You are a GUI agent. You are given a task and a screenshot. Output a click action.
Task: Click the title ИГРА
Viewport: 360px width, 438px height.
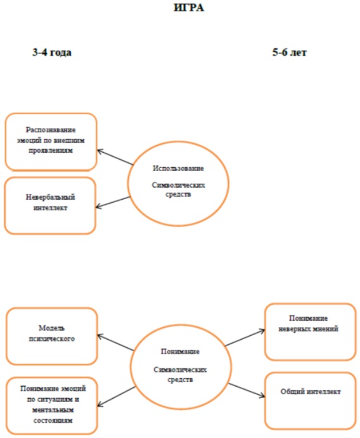click(x=189, y=8)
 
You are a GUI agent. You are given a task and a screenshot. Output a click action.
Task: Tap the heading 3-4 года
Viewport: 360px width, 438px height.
click(x=52, y=52)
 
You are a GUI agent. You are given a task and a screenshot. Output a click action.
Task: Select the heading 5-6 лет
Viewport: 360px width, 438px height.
click(x=290, y=52)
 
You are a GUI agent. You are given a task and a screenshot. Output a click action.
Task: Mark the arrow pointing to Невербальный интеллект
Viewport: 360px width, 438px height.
click(x=113, y=202)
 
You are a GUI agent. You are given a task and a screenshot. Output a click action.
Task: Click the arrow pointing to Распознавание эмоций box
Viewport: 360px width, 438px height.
click(x=115, y=157)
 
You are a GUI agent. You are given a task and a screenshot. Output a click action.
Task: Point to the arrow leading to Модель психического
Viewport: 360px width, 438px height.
click(x=116, y=342)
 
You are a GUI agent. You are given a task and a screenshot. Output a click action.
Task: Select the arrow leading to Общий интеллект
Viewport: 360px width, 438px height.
click(x=247, y=390)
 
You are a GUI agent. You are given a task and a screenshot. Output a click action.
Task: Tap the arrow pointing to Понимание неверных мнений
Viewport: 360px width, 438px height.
click(x=245, y=337)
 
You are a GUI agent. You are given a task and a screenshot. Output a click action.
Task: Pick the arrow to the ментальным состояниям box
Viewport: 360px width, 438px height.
click(x=117, y=397)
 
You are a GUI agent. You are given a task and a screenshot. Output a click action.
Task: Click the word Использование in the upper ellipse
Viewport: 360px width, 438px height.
click(x=178, y=169)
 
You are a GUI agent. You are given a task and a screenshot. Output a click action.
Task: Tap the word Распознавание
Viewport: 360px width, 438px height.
click(x=51, y=130)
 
